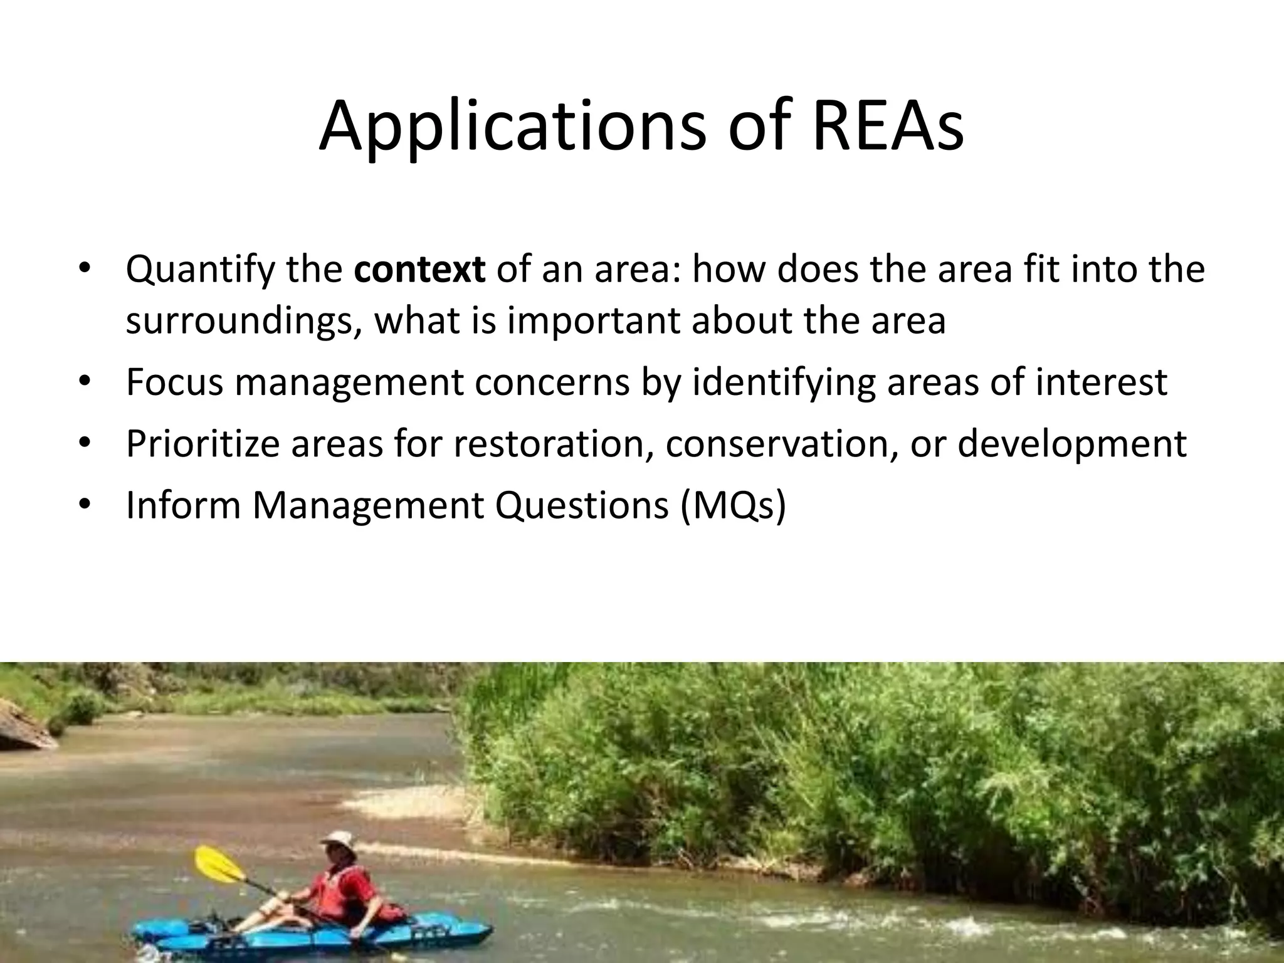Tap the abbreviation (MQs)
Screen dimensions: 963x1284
pyautogui.click(x=732, y=505)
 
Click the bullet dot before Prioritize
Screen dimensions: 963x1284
pyautogui.click(x=86, y=443)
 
